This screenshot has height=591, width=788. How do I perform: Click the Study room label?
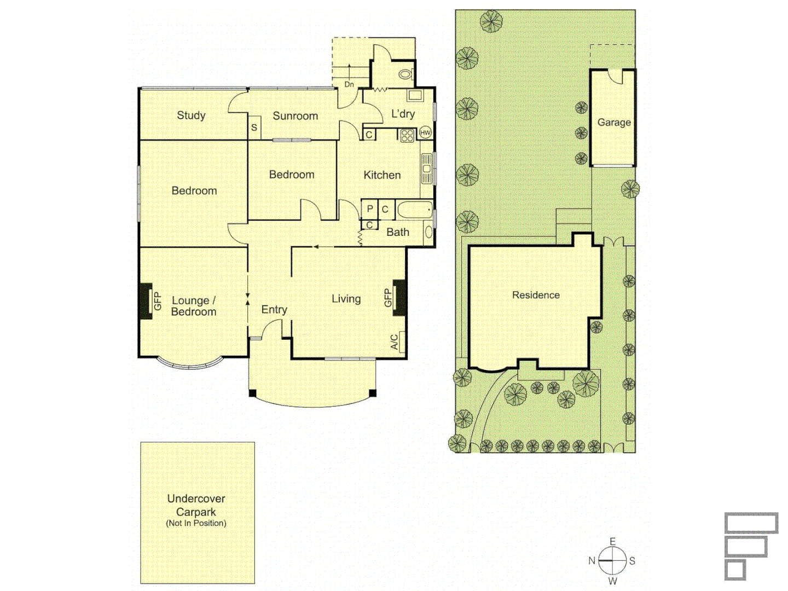click(x=191, y=115)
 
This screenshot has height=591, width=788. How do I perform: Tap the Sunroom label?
click(x=295, y=116)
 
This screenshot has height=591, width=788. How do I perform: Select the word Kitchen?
click(x=382, y=175)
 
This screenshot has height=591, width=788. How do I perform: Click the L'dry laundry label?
click(x=403, y=114)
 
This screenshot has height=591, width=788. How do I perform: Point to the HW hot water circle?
click(x=425, y=133)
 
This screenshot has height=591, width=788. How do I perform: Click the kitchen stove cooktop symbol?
click(x=407, y=135)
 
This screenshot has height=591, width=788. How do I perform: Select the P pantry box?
click(x=370, y=209)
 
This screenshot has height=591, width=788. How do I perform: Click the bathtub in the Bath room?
click(x=415, y=210)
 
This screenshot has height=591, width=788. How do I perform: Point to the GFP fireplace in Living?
click(x=398, y=298)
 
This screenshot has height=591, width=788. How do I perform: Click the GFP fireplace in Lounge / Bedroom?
click(x=146, y=300)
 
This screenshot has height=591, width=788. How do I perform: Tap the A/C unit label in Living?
click(x=395, y=342)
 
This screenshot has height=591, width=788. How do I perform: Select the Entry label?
click(x=274, y=310)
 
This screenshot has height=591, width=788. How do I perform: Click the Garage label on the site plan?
click(x=613, y=123)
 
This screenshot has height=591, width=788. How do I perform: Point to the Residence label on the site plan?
click(x=536, y=295)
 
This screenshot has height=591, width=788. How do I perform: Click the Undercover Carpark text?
click(x=196, y=506)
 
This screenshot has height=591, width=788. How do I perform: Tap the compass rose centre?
click(x=612, y=560)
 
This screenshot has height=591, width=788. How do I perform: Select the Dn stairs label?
click(x=349, y=84)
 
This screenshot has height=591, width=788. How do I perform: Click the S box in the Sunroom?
click(x=254, y=128)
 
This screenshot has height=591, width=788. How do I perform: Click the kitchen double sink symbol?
click(x=426, y=169)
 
